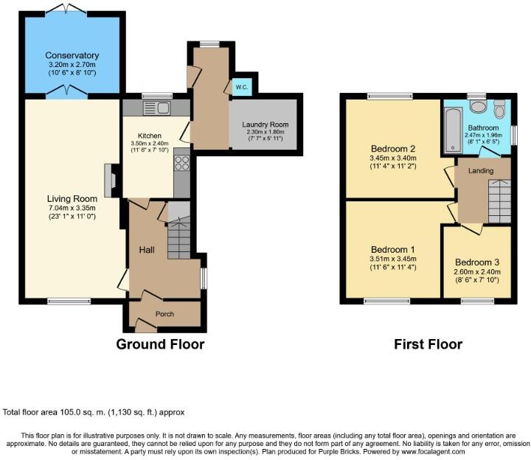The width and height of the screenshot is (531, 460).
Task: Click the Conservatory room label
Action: (x=72, y=55)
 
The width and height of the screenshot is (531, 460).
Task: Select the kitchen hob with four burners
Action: (x=182, y=164)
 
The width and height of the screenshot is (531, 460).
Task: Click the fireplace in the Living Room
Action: (x=110, y=181)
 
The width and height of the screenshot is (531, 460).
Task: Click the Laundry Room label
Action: (x=265, y=124)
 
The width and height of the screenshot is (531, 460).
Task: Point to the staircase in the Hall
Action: (x=178, y=237)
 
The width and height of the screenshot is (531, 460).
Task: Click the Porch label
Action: (x=164, y=313)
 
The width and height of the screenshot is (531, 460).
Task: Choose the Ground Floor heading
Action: (x=160, y=344)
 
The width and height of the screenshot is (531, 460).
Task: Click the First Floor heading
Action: (x=428, y=344)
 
